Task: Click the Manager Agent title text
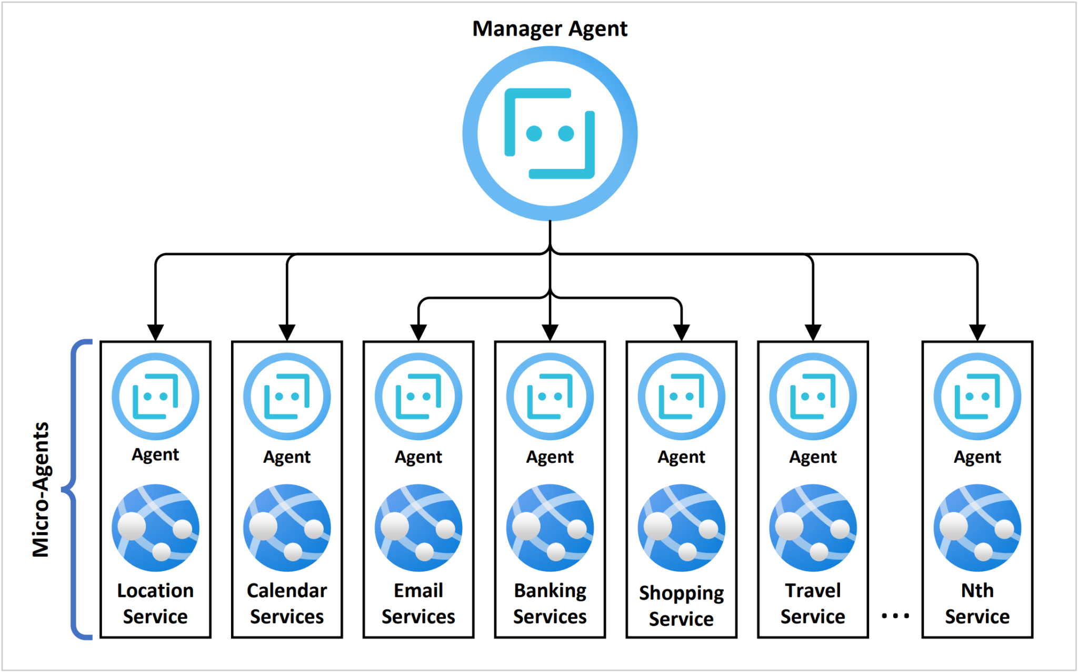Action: pos(550,29)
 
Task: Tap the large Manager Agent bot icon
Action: pos(550,134)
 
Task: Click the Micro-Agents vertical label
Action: pos(41,489)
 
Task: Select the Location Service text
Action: pos(155,603)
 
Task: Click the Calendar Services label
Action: pos(287,603)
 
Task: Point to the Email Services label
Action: pos(418,603)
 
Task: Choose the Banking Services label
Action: pos(550,603)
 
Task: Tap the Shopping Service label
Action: pos(681,605)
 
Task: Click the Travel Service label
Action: pos(813,603)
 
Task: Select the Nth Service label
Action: pos(977,603)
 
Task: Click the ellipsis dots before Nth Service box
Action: pos(895,615)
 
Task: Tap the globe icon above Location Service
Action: pos(155,528)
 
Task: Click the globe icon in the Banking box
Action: pos(550,528)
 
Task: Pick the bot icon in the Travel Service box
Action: pos(813,396)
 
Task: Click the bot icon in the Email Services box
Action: pos(418,396)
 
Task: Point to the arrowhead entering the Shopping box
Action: pos(681,333)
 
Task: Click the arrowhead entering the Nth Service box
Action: pos(977,333)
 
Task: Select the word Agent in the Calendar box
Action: pos(287,457)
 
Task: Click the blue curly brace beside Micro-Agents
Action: pos(74,489)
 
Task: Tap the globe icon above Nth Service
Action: pos(977,528)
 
